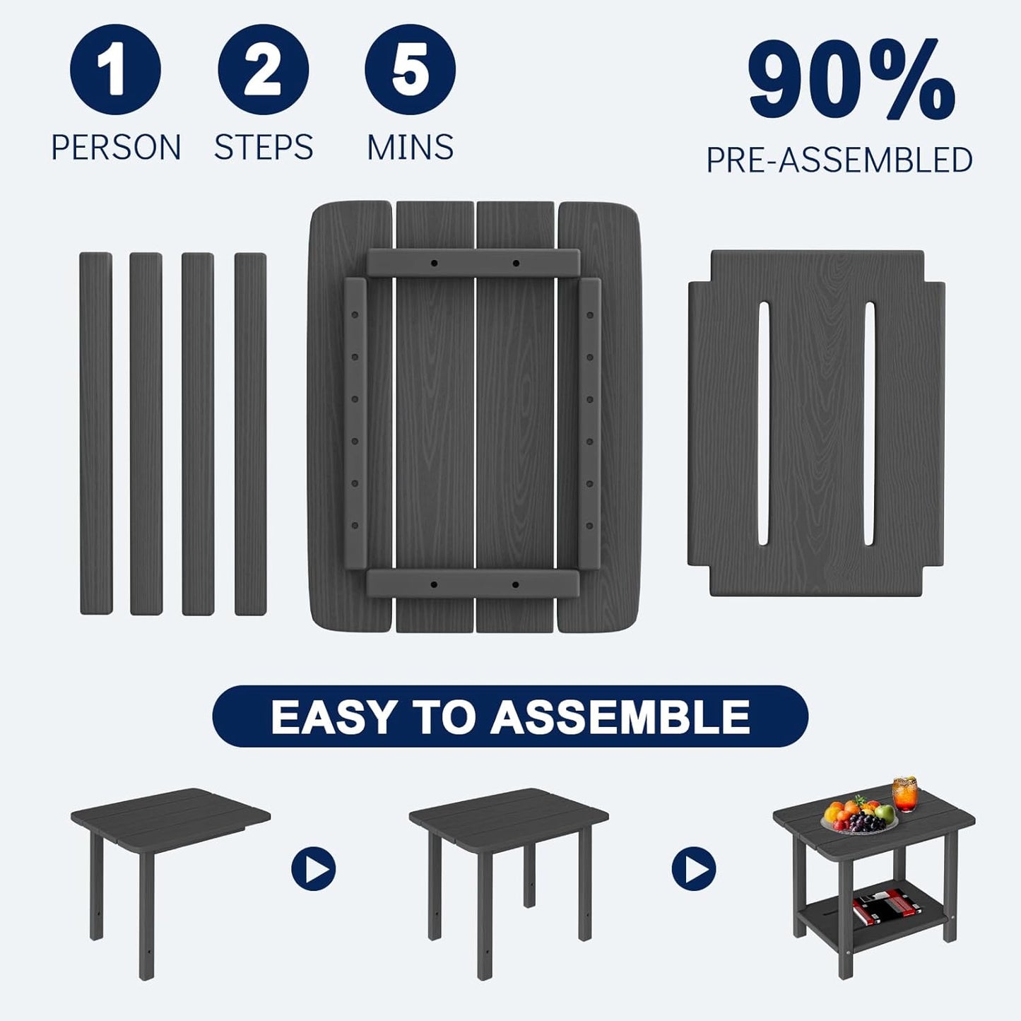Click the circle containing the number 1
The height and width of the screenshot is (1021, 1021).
(x=115, y=69)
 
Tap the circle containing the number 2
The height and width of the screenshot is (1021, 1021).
(x=263, y=69)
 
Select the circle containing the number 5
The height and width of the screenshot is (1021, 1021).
(x=410, y=69)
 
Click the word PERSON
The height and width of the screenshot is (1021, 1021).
(x=116, y=148)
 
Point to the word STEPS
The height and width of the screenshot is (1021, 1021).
(x=264, y=148)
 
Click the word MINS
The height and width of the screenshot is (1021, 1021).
(x=410, y=148)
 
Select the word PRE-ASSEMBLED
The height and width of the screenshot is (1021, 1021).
(x=839, y=160)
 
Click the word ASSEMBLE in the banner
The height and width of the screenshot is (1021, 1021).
(x=620, y=717)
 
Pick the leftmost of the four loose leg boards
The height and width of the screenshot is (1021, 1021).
(x=95, y=433)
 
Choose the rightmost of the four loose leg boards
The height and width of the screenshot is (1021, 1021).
(x=250, y=433)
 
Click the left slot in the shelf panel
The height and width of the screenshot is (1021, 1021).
(x=763, y=423)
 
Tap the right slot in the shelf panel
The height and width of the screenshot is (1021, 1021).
(x=869, y=423)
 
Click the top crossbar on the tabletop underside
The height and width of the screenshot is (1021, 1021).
(x=473, y=263)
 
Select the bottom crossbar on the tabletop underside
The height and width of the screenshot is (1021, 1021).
(x=473, y=584)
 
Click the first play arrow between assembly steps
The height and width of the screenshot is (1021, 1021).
(x=313, y=869)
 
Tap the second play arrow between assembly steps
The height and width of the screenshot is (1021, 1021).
(x=694, y=869)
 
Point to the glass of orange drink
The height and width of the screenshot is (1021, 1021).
(x=904, y=794)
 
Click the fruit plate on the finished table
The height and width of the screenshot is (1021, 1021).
(x=858, y=819)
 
